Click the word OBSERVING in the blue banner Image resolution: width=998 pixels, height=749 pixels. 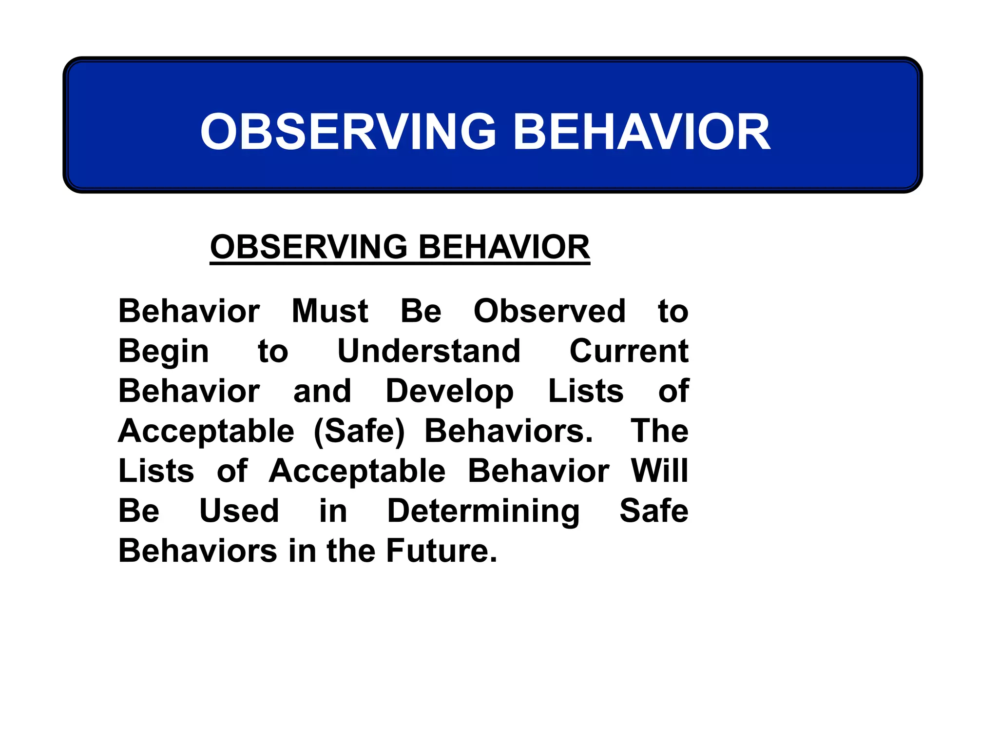click(x=348, y=132)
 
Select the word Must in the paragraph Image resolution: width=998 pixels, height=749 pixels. click(x=329, y=311)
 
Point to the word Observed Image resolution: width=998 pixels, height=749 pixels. click(x=549, y=311)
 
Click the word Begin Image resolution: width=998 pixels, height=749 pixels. click(x=164, y=352)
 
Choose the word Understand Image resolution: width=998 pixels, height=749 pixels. click(x=429, y=351)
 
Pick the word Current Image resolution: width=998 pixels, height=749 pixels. click(x=629, y=351)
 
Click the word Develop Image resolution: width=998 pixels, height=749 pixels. click(x=449, y=392)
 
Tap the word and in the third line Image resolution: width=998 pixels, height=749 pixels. click(x=322, y=391)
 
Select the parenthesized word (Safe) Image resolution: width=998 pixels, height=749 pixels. click(x=359, y=432)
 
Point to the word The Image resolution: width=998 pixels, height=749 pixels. click(x=659, y=431)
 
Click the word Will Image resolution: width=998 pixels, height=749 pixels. click(x=659, y=471)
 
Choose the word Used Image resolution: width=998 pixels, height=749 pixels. click(x=239, y=511)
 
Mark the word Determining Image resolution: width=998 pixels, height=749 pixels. click(x=483, y=512)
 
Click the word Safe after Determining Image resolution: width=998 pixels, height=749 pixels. click(x=653, y=511)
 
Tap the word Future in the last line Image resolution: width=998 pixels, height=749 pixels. click(x=441, y=551)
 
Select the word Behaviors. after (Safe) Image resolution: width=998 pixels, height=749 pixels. click(x=509, y=431)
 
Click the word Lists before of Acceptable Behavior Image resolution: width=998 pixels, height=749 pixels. click(x=156, y=471)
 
